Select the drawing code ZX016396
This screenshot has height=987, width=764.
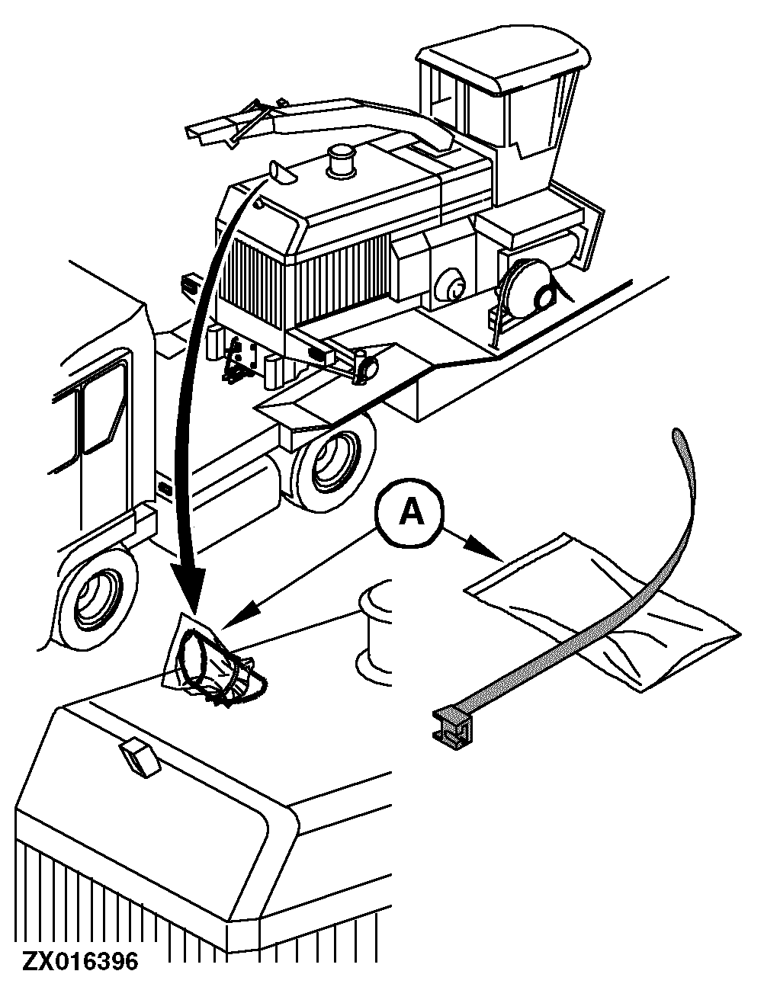pos(81,962)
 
